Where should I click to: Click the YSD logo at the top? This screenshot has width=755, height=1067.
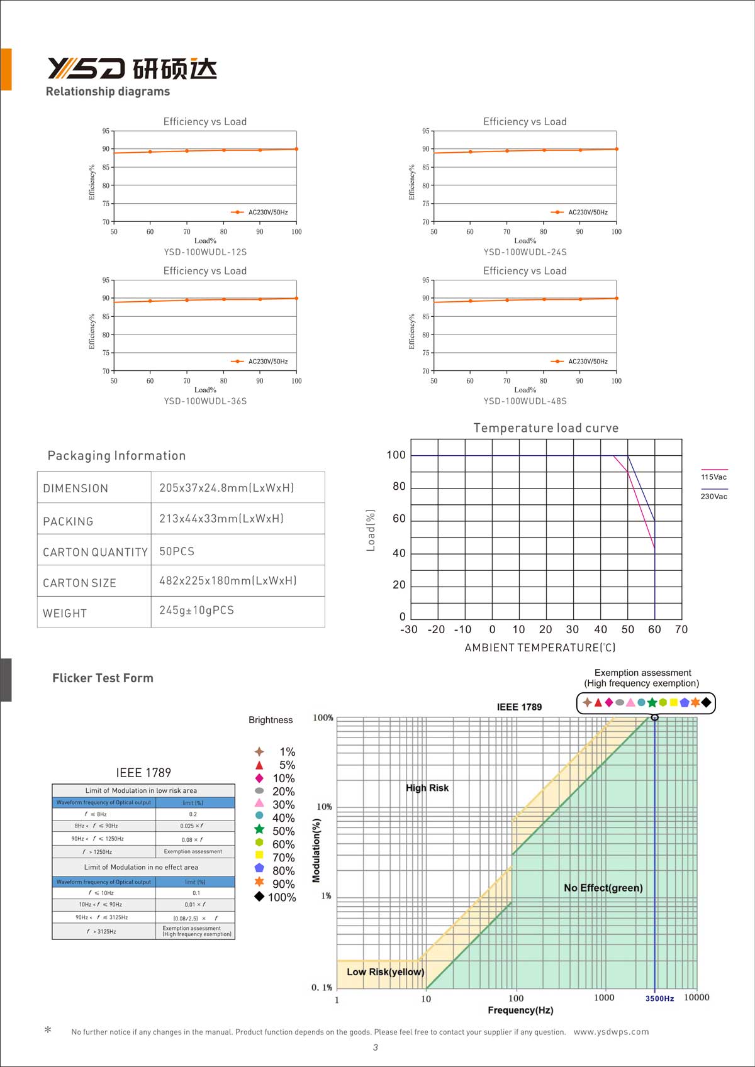click(132, 68)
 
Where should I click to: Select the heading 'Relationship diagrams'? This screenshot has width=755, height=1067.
click(108, 92)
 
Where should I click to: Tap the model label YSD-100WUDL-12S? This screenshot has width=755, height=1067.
click(205, 252)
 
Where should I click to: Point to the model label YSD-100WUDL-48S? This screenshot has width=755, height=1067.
click(525, 401)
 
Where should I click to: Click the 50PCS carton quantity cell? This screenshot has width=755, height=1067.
click(177, 551)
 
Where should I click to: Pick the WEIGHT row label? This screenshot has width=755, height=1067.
click(65, 614)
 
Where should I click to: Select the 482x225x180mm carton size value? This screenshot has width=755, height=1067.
click(228, 581)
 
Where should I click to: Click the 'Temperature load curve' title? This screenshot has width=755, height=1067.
click(545, 428)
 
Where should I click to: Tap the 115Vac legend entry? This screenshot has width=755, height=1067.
click(713, 477)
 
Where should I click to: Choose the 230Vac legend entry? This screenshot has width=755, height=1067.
click(713, 496)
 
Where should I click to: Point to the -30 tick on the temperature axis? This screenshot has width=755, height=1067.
click(409, 629)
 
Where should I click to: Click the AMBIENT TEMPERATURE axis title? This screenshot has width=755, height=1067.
click(540, 648)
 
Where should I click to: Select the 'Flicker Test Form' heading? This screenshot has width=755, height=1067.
click(103, 678)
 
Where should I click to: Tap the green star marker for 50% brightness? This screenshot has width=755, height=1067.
click(259, 829)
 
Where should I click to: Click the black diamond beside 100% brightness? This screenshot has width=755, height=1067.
click(259, 897)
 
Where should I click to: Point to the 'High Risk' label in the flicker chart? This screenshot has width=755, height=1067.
click(427, 788)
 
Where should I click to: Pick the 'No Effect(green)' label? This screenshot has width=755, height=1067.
click(603, 888)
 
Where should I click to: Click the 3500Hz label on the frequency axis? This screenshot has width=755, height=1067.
click(659, 998)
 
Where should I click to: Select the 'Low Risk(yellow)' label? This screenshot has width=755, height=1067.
click(386, 972)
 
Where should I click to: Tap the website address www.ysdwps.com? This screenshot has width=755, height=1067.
click(611, 1032)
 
